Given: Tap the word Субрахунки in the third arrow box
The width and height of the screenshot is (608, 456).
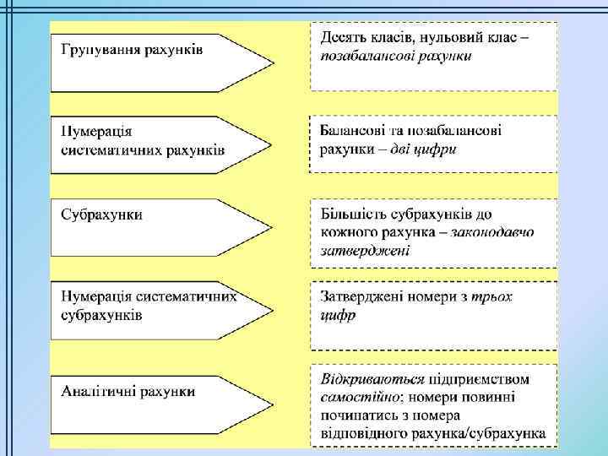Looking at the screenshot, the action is [x=101, y=214].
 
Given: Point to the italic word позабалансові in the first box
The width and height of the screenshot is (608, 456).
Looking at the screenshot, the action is [x=366, y=57].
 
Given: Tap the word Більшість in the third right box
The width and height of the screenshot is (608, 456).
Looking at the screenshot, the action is [x=351, y=214].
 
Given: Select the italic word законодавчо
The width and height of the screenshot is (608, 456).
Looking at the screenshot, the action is [x=493, y=231].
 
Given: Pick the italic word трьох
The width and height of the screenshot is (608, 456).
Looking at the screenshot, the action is [x=492, y=296].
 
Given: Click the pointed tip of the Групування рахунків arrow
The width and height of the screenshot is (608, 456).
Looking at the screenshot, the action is [x=273, y=62].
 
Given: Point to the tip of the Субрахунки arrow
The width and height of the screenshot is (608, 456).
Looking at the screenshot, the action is [x=273, y=228].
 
